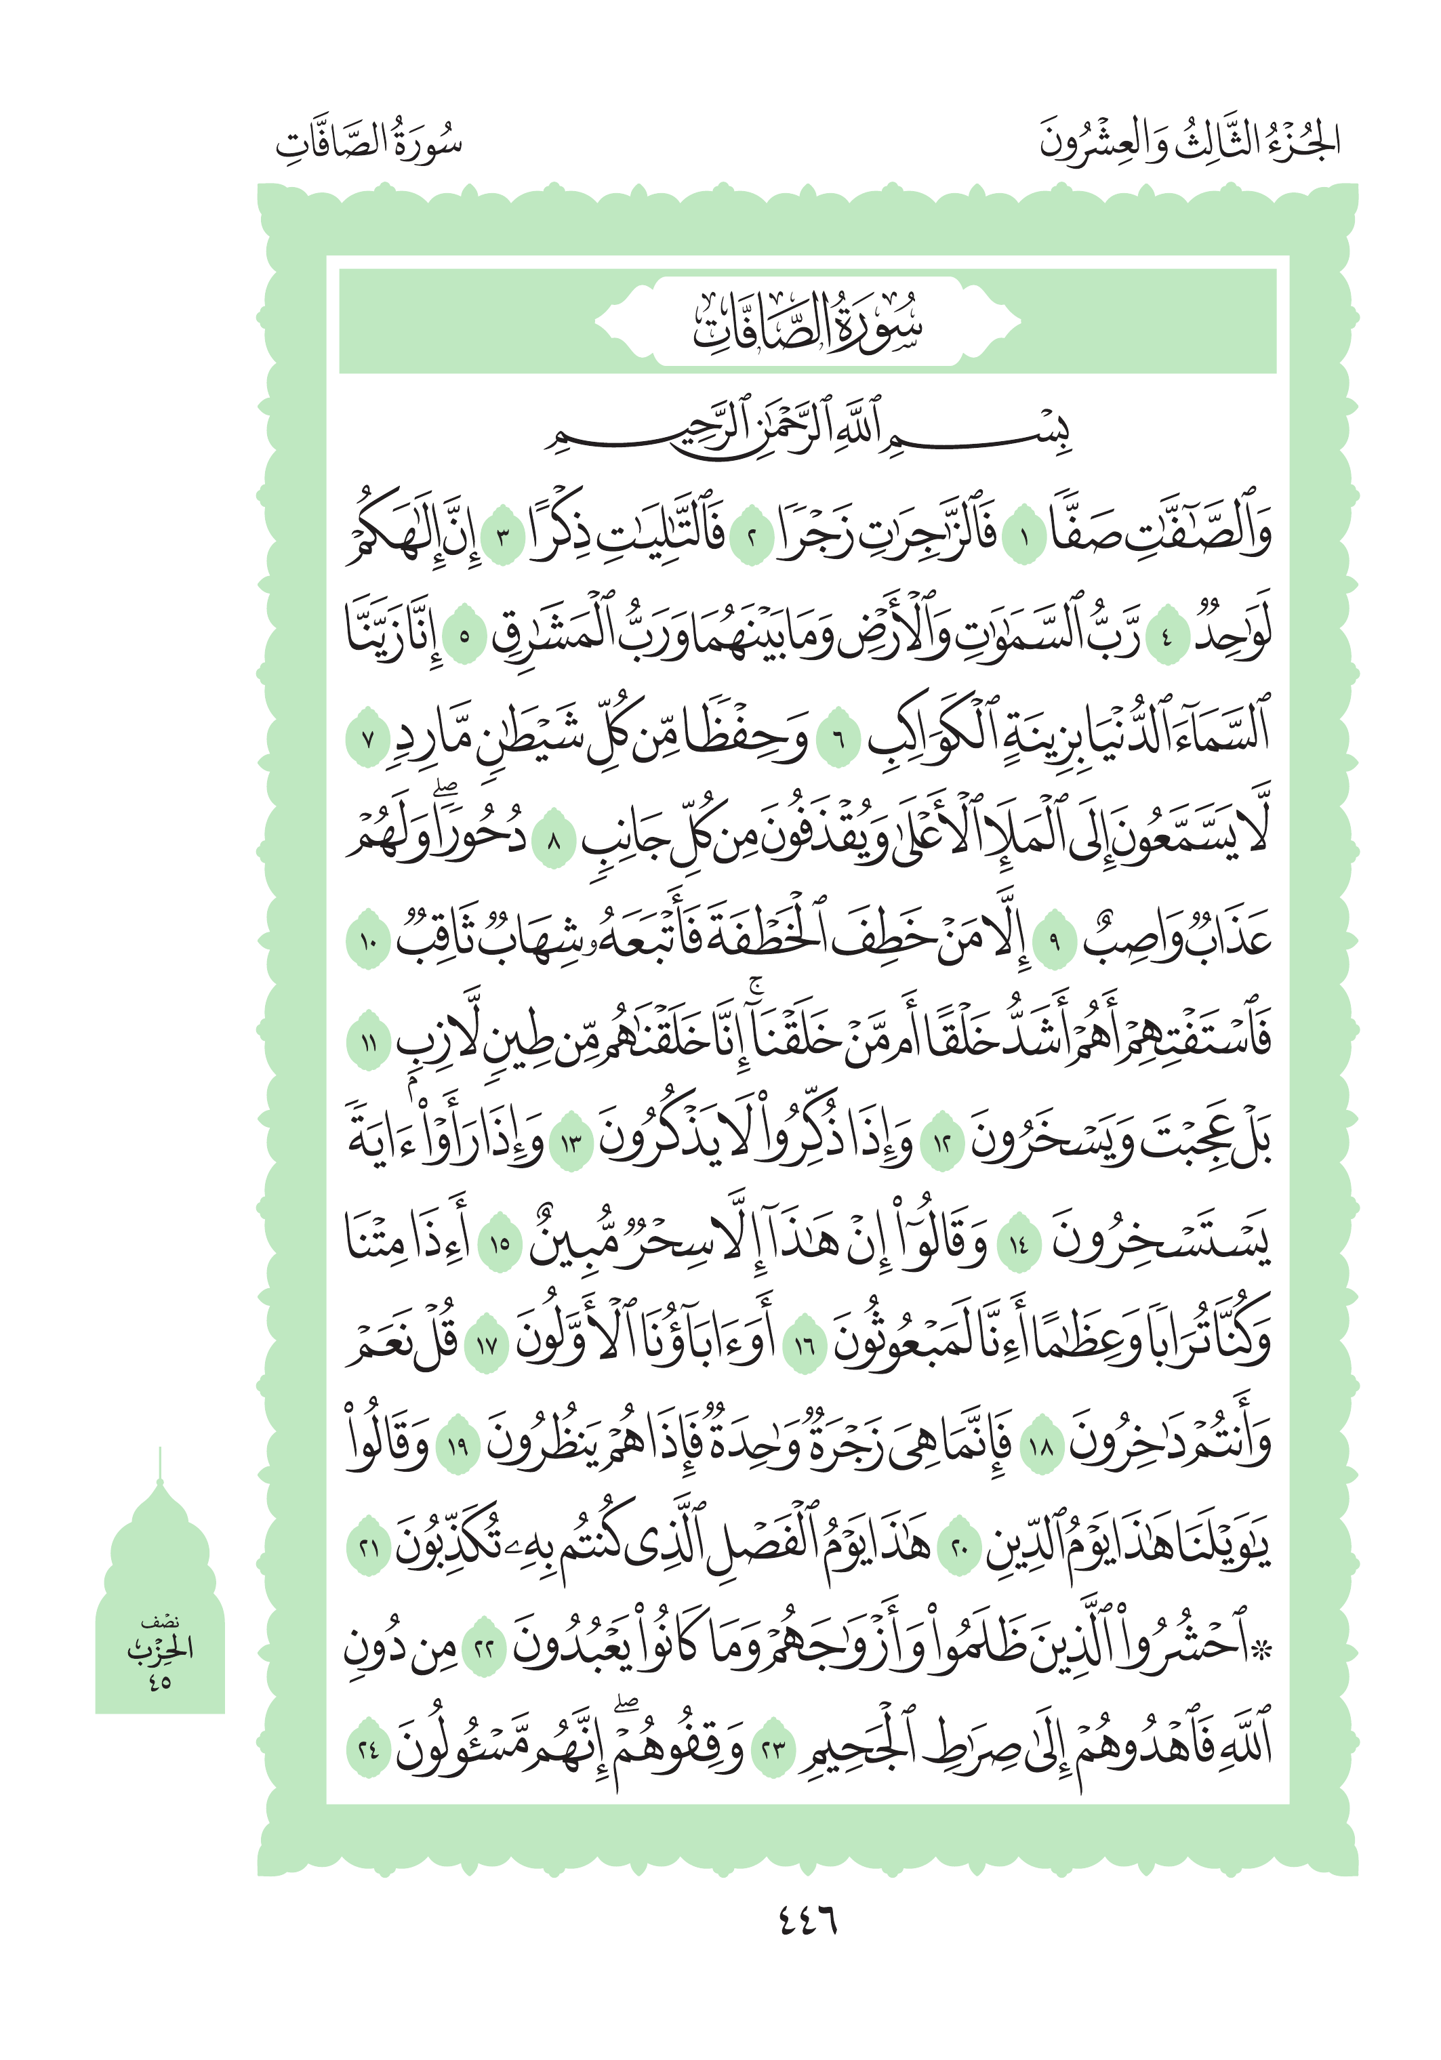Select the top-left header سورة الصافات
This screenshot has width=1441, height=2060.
[x=369, y=142]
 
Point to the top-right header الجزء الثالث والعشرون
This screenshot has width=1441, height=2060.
[x=1189, y=142]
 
